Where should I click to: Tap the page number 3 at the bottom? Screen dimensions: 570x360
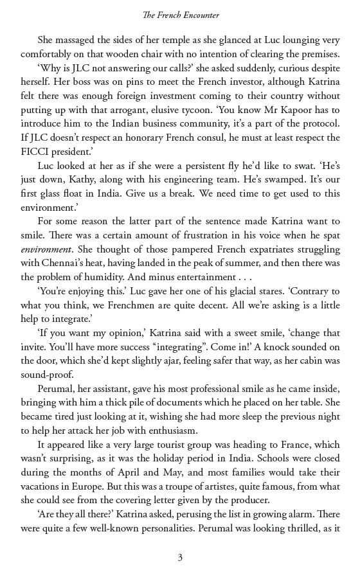[180, 557]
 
